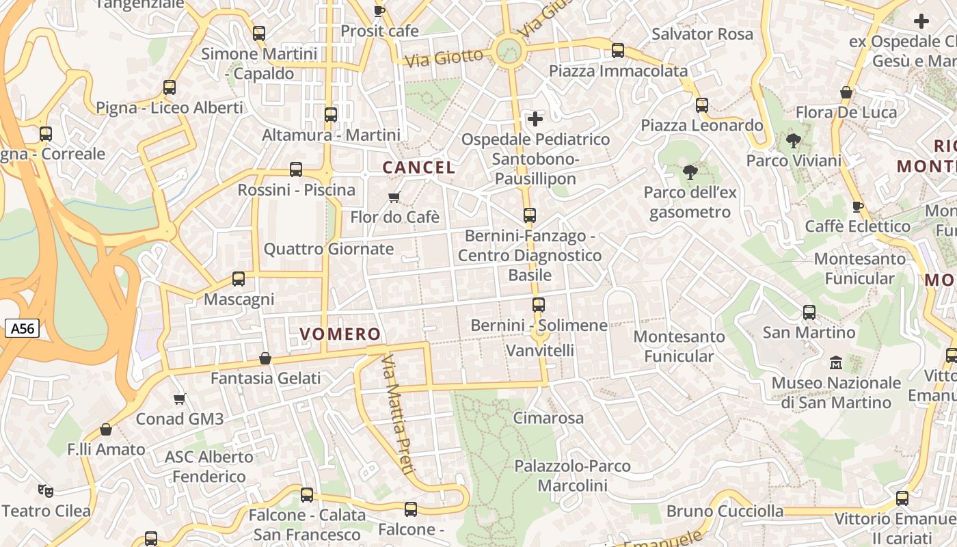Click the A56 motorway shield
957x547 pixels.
click(x=22, y=329)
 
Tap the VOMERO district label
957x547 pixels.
click(x=340, y=334)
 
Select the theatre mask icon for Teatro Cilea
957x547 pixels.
click(x=46, y=490)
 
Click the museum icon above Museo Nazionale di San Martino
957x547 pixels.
click(x=836, y=362)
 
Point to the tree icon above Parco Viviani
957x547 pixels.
click(x=794, y=141)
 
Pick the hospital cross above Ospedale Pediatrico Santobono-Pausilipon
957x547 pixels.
click(x=535, y=119)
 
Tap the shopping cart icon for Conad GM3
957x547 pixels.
click(x=180, y=399)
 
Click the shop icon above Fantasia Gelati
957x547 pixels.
click(x=265, y=358)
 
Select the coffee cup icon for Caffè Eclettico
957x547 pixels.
click(x=858, y=206)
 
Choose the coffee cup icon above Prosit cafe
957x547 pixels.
click(x=379, y=11)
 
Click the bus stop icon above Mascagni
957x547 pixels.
click(x=239, y=279)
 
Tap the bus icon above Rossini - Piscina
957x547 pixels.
click(x=296, y=170)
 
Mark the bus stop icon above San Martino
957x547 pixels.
click(x=809, y=312)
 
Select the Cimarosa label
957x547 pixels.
click(x=548, y=418)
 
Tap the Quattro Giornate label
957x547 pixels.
click(x=329, y=249)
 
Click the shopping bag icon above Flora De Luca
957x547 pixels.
click(x=846, y=92)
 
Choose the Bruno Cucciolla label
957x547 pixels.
click(x=725, y=511)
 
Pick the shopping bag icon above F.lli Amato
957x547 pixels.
click(x=106, y=429)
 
